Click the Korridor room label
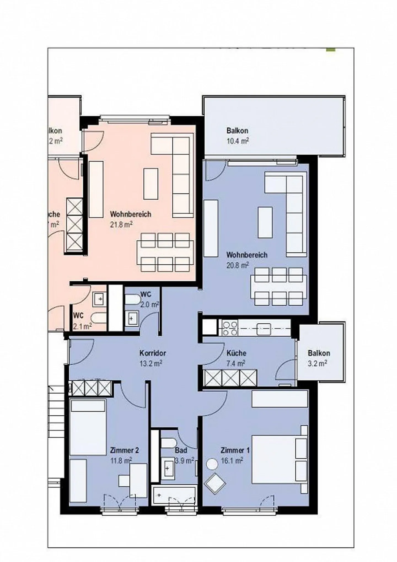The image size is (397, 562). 152,353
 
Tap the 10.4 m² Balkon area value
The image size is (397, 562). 237,141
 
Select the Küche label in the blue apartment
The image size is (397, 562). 236,353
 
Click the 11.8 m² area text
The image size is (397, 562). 121,461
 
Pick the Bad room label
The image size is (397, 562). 181,450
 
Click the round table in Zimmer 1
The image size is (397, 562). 213,464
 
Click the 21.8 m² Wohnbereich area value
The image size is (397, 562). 121,225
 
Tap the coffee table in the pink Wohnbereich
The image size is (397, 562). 151,184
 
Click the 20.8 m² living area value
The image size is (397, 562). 237,265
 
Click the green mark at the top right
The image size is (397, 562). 331,50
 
